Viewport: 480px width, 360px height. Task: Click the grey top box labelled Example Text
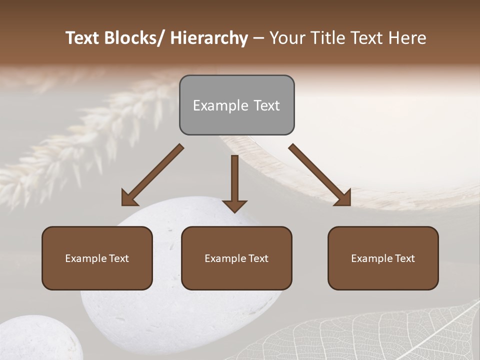click(236, 105)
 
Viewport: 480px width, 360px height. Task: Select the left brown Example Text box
click(97, 258)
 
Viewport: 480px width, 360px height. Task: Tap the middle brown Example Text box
click(236, 258)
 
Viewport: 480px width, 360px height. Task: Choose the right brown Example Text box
click(383, 258)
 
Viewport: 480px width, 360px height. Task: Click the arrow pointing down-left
click(152, 175)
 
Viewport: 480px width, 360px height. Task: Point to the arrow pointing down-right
click(320, 175)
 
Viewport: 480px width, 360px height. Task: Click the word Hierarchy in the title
click(208, 38)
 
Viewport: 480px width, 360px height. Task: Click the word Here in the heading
click(407, 38)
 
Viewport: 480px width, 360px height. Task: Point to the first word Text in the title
click(82, 38)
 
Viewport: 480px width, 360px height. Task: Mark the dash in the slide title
click(258, 38)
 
